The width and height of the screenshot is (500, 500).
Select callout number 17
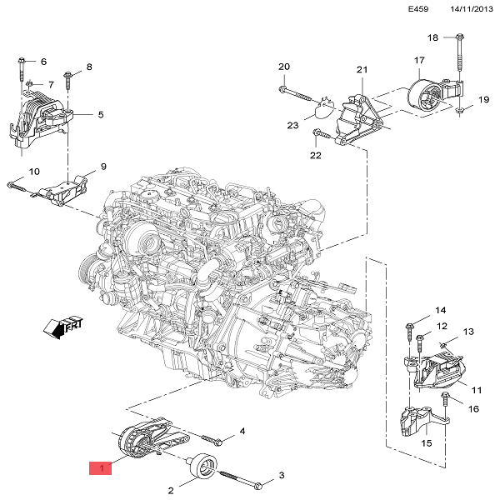[x=420, y=60]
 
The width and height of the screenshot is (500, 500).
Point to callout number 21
[x=362, y=70]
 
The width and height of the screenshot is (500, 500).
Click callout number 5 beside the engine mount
[x=100, y=114]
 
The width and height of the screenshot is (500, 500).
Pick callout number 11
[x=477, y=389]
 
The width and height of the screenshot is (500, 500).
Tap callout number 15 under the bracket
[x=426, y=443]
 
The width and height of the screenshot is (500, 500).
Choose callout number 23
[x=292, y=126]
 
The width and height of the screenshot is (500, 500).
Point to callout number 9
[x=104, y=167]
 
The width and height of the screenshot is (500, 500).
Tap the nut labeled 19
[x=459, y=110]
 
